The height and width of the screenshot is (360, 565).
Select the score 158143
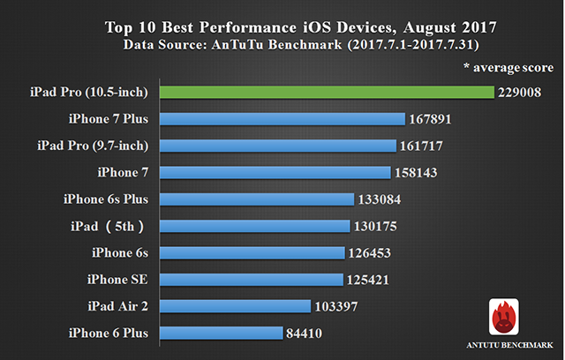coord(420,172)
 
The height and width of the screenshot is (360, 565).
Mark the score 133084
coord(384,199)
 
